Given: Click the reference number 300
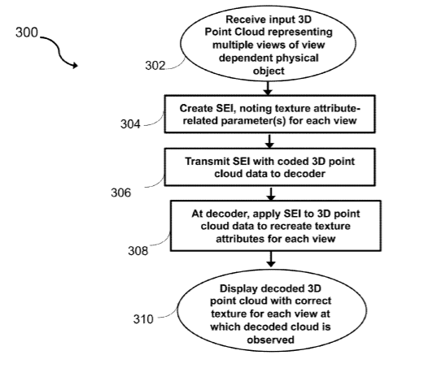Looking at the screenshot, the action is click(27, 32).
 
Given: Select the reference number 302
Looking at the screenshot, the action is click(155, 66).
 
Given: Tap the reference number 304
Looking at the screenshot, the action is click(130, 124).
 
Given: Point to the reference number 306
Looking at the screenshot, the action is click(121, 193).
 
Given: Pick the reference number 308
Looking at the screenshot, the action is click(138, 251).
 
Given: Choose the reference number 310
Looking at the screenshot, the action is click(143, 319).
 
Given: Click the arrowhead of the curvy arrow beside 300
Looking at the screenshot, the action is click(75, 65).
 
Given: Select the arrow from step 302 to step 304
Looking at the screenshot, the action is click(268, 88).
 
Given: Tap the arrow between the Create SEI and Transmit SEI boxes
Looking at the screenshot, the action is click(269, 141).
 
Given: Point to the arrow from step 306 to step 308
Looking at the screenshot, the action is click(271, 194).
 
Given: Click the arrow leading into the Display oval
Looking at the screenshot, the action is click(271, 259).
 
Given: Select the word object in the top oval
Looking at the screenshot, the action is click(269, 71).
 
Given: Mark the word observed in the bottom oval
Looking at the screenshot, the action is click(270, 340).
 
